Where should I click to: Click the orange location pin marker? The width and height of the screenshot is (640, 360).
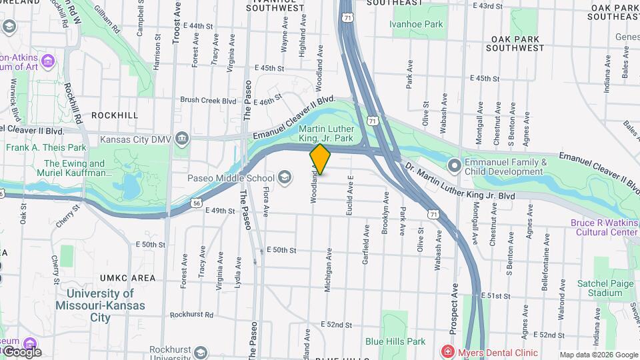320,159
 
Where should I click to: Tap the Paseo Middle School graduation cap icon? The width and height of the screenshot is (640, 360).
285,177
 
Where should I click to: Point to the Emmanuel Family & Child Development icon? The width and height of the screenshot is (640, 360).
454,164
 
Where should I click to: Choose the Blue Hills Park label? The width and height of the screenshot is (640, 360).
395,341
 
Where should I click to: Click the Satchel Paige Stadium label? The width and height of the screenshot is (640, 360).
605,288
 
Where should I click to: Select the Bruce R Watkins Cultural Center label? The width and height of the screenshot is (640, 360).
603,227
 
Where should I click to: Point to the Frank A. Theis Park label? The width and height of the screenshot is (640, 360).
47,147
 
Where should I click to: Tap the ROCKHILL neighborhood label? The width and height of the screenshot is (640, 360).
115,115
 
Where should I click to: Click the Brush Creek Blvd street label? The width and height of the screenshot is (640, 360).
208,101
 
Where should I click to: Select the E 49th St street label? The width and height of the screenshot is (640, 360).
220,211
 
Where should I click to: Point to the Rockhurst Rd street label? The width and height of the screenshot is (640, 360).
191,315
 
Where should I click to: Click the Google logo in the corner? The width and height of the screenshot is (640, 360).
22,351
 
